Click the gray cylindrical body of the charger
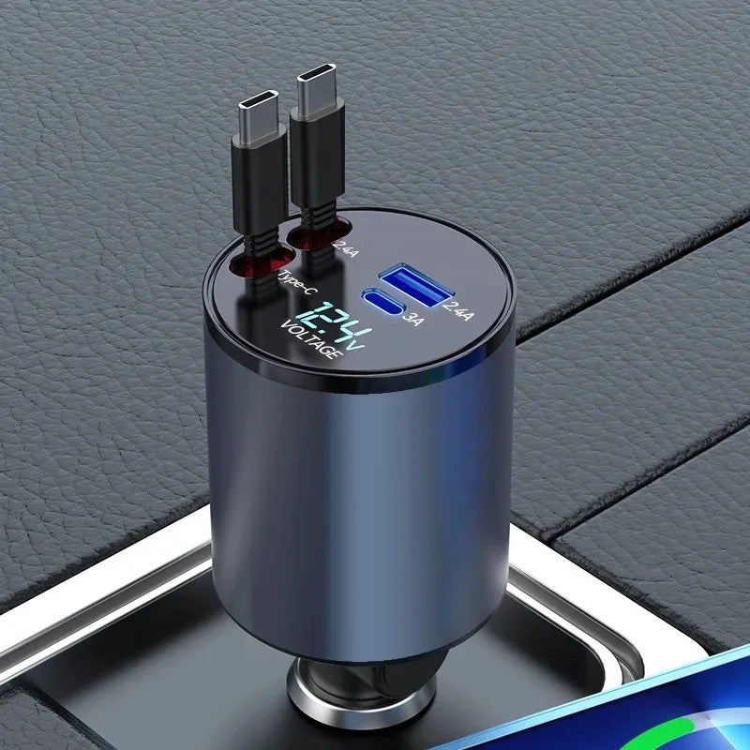375,487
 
